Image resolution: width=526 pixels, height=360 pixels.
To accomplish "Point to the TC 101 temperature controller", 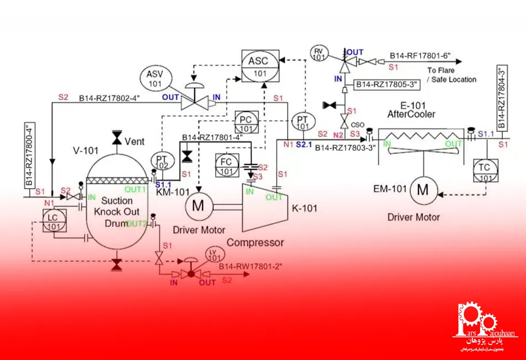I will [486, 172].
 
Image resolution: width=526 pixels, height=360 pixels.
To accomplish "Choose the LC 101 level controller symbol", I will [54, 221].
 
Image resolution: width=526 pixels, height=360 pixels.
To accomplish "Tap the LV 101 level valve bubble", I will [213, 255].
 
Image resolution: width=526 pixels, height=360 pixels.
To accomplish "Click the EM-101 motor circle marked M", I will [423, 191].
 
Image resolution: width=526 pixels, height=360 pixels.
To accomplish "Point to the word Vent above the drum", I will [135, 141].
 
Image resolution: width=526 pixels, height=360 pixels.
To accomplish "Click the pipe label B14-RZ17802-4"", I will [109, 99].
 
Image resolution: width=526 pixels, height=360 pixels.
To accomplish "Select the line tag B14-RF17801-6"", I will [420, 55].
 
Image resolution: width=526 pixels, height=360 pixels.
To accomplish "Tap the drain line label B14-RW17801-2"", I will [250, 266].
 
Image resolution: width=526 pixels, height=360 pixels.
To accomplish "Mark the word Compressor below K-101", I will [255, 242].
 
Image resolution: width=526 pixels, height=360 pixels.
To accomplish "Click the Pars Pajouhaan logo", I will [479, 327].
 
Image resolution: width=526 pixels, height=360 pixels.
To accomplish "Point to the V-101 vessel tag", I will [85, 150].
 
